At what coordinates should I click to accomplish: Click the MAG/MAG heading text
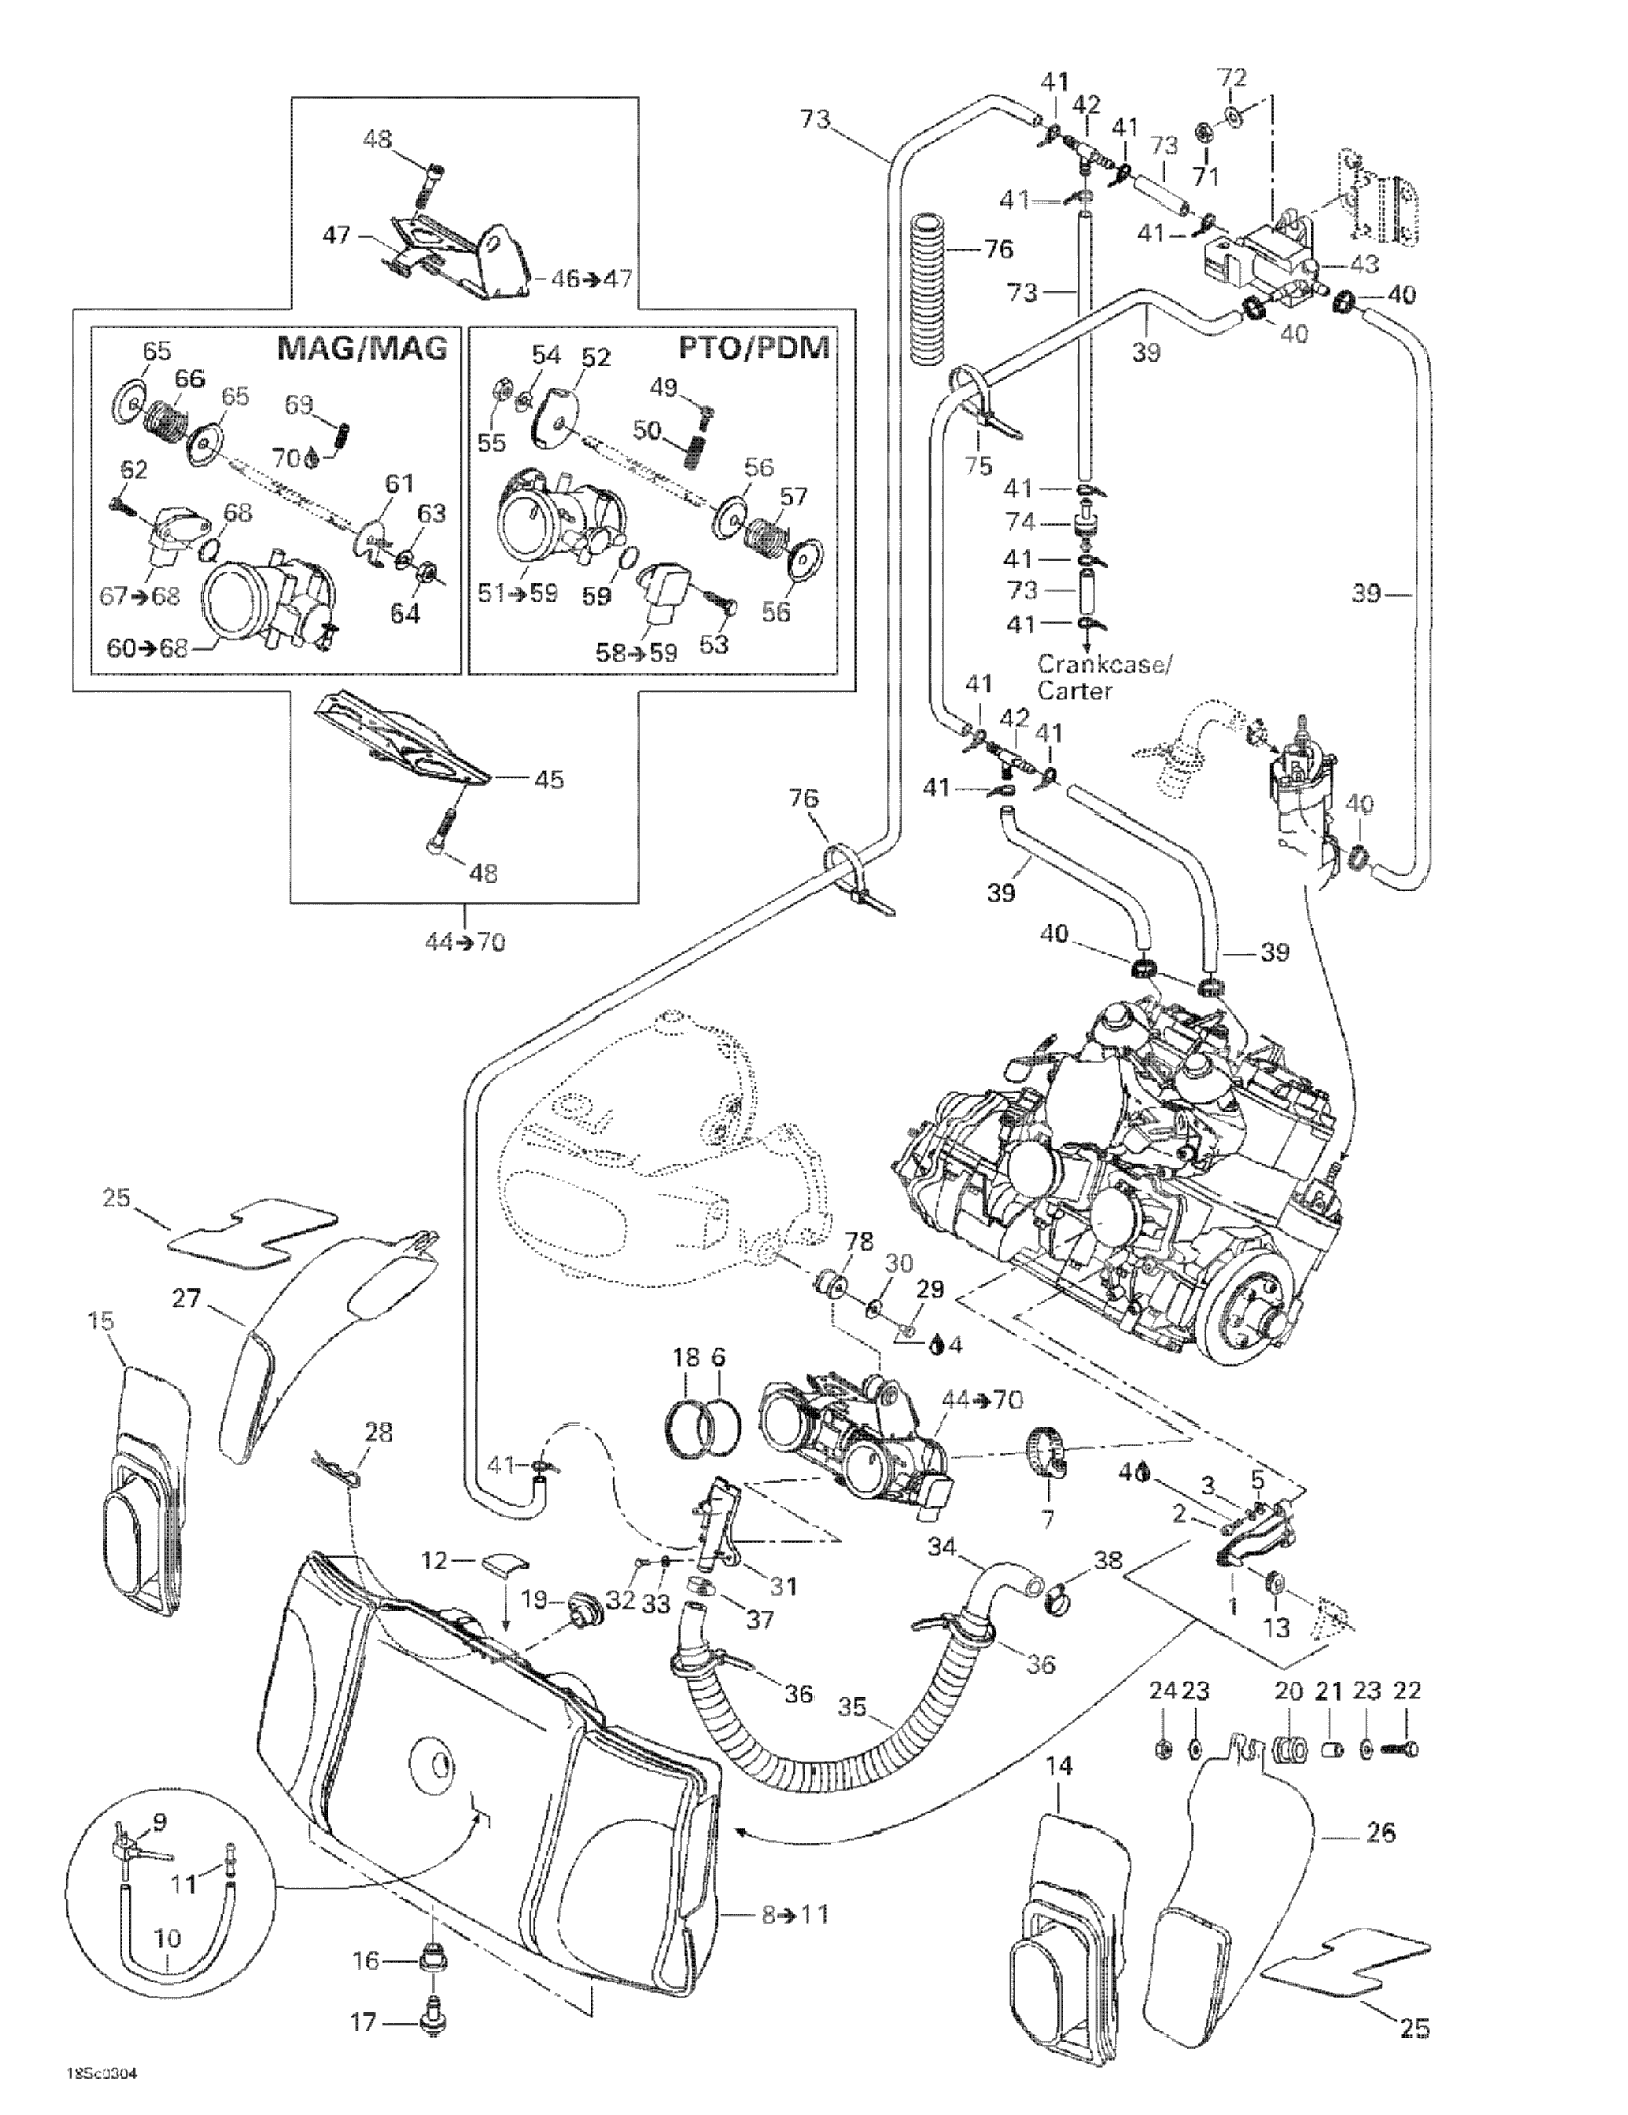pos(362,347)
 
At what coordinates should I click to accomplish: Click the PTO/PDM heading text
pos(753,347)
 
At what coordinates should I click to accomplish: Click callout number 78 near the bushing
pos(859,1242)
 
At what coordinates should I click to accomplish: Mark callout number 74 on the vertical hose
pos(1021,522)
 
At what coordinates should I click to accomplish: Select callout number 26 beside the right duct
pos(1382,1832)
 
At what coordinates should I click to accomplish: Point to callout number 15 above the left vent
pos(101,1321)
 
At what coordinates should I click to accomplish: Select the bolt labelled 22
pos(1401,1750)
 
